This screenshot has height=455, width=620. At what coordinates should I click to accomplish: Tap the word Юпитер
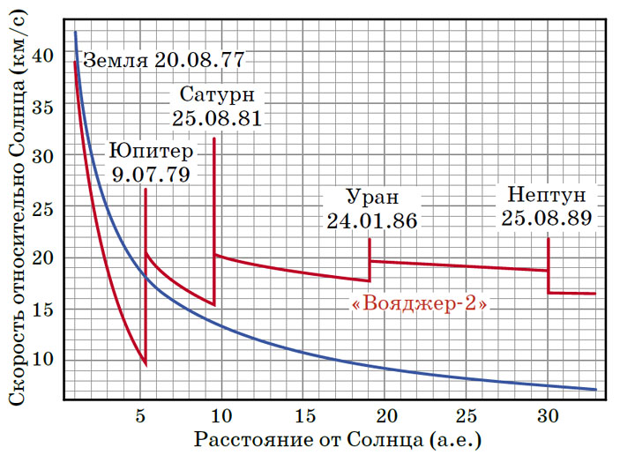click(x=151, y=149)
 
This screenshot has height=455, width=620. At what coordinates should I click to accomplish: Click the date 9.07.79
click(x=151, y=173)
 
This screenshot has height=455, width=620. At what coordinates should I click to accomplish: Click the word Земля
click(x=116, y=62)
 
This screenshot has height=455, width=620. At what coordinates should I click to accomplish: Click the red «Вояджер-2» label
click(x=419, y=305)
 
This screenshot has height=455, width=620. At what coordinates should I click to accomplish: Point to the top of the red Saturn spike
click(x=214, y=138)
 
